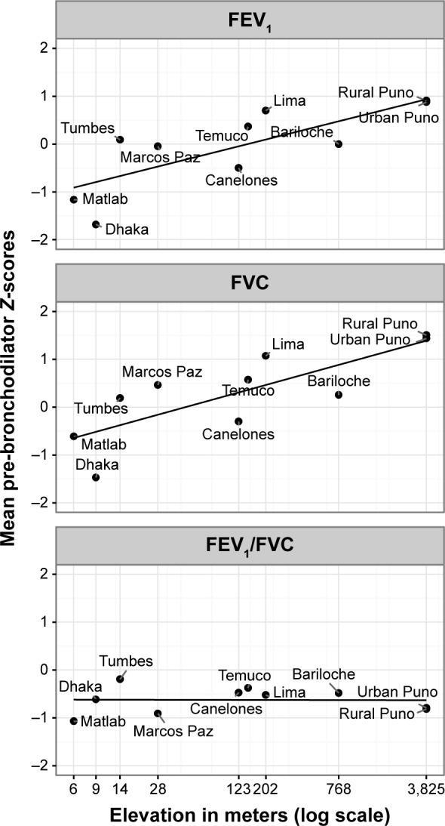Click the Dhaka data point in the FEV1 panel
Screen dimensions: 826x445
[96, 224]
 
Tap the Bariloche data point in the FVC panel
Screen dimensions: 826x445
[339, 394]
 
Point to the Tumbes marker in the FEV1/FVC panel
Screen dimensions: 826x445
[120, 679]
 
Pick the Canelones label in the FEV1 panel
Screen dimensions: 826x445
[240, 180]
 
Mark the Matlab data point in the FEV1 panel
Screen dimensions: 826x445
[74, 199]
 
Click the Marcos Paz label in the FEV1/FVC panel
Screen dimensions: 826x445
[173, 731]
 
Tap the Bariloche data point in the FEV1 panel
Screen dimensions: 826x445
[339, 143]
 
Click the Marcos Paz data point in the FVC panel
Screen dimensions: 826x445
[158, 385]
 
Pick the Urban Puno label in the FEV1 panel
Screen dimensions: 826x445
[394, 119]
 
